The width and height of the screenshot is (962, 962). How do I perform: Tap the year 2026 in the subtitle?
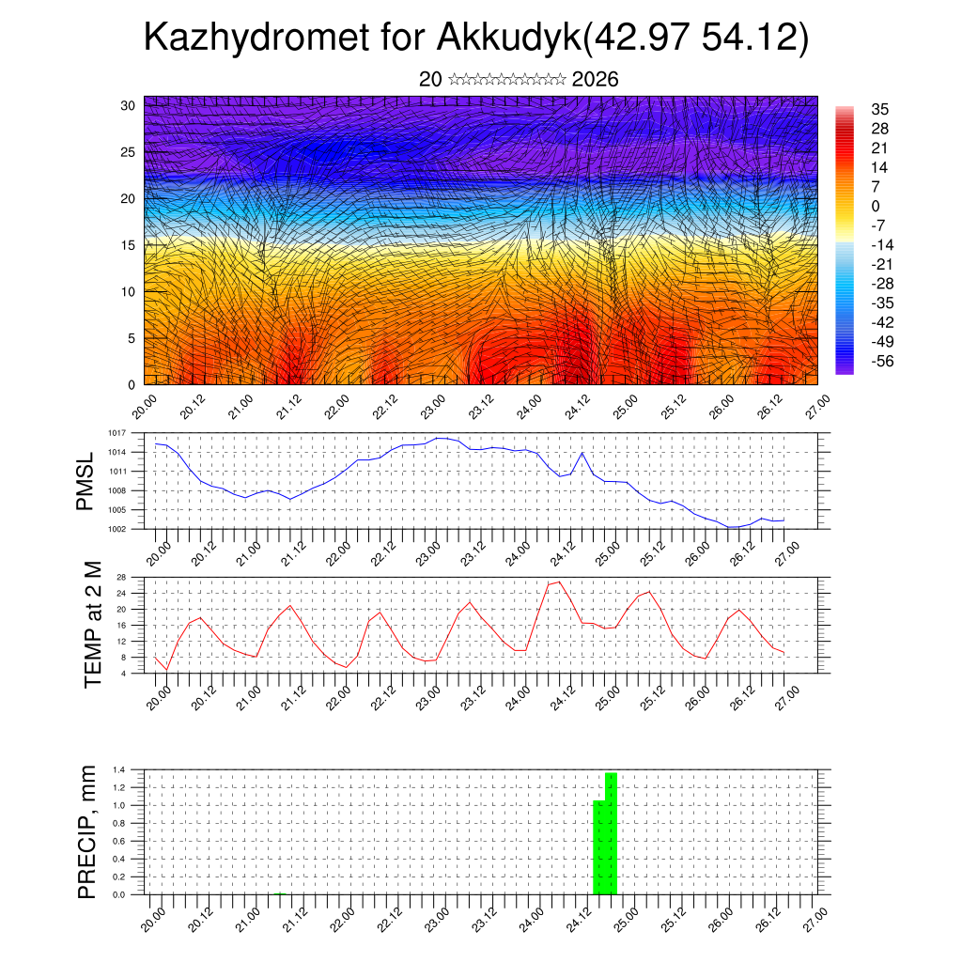click(x=595, y=80)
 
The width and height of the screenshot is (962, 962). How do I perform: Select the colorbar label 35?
click(x=880, y=110)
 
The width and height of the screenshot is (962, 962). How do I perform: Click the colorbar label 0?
click(x=876, y=207)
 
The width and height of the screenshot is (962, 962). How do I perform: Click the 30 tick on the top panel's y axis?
click(x=129, y=105)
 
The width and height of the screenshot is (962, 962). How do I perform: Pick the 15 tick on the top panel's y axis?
click(x=129, y=245)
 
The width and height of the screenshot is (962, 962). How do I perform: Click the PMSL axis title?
click(x=85, y=489)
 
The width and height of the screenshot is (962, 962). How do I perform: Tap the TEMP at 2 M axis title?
click(x=92, y=625)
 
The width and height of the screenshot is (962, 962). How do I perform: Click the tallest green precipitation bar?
click(x=612, y=832)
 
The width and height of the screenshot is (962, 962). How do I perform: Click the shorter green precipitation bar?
click(x=598, y=846)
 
